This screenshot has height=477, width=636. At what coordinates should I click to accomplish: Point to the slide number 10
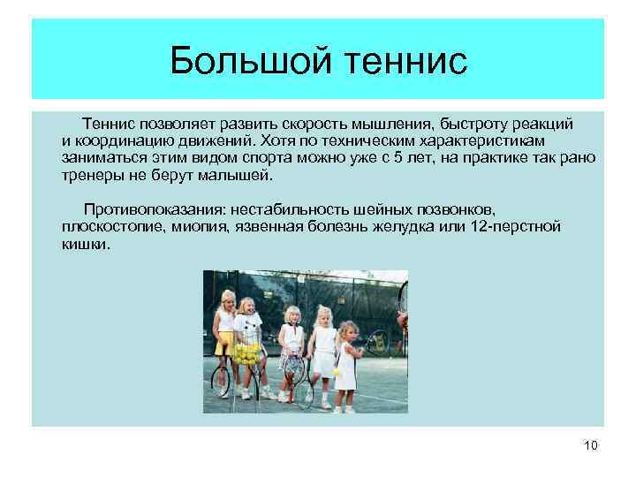pyautogui.click(x=591, y=445)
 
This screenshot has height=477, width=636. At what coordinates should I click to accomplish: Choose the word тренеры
pyautogui.click(x=93, y=175)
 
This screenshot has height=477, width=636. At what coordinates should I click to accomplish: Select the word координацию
pyautogui.click(x=119, y=141)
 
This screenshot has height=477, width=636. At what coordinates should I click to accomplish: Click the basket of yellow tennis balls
pyautogui.click(x=247, y=354)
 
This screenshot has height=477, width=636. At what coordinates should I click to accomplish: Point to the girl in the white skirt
pyautogui.click(x=323, y=349)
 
